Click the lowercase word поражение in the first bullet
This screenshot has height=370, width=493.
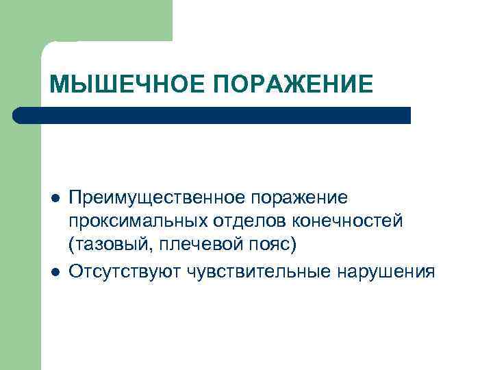tap(299, 198)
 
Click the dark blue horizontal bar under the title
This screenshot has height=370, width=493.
tap(212, 115)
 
